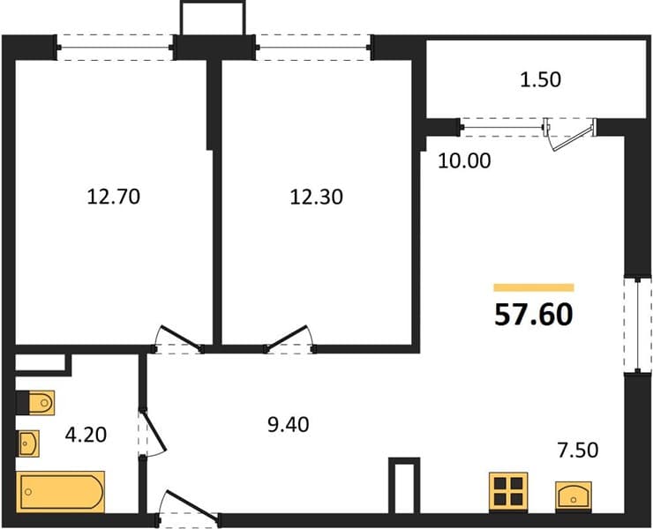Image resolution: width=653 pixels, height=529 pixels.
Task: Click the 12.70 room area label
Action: pyautogui.click(x=114, y=197)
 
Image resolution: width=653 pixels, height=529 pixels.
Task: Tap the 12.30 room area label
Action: pyautogui.click(x=317, y=197)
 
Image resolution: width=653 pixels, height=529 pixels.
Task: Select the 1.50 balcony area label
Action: pyautogui.click(x=541, y=79)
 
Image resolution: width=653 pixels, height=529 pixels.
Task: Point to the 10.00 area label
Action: pyautogui.click(x=464, y=160)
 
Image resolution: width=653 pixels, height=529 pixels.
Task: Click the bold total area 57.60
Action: pyautogui.click(x=534, y=314)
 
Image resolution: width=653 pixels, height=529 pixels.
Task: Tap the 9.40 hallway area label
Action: pyautogui.click(x=289, y=425)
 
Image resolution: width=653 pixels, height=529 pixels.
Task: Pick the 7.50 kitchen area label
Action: pyautogui.click(x=578, y=450)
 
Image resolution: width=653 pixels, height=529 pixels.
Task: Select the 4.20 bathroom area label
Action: pyautogui.click(x=86, y=435)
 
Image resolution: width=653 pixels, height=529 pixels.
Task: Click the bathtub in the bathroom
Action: pyautogui.click(x=60, y=492)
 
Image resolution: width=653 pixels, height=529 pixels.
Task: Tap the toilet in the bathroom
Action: pyautogui.click(x=36, y=403)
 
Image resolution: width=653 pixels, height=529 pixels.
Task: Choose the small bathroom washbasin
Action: pyautogui.click(x=28, y=443)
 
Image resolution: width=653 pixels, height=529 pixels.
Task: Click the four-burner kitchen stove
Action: pyautogui.click(x=508, y=491)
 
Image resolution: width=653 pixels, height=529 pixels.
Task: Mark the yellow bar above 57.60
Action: pyautogui.click(x=534, y=287)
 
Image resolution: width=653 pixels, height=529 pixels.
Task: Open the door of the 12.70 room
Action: pyautogui.click(x=178, y=339)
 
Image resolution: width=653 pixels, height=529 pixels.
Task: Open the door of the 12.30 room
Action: pyautogui.click(x=289, y=339)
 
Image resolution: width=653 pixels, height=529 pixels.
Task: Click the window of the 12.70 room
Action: pyautogui.click(x=115, y=48)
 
